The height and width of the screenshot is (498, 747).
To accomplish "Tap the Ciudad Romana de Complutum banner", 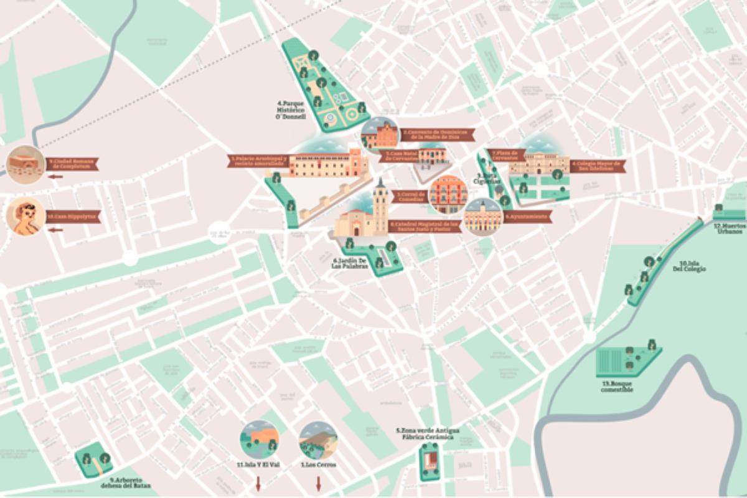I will tap(72, 164).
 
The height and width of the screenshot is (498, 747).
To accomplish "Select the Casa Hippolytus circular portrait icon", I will tap(26, 217).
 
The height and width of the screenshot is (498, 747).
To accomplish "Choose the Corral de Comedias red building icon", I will tap(448, 194).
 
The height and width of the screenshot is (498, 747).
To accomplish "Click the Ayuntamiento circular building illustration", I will tap(482, 217).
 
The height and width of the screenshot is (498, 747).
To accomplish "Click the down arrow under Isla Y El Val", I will tap(258, 484).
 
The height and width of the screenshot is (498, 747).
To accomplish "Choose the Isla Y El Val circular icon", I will tap(259, 440).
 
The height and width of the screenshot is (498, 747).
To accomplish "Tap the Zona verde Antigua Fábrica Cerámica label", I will tap(428, 434).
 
